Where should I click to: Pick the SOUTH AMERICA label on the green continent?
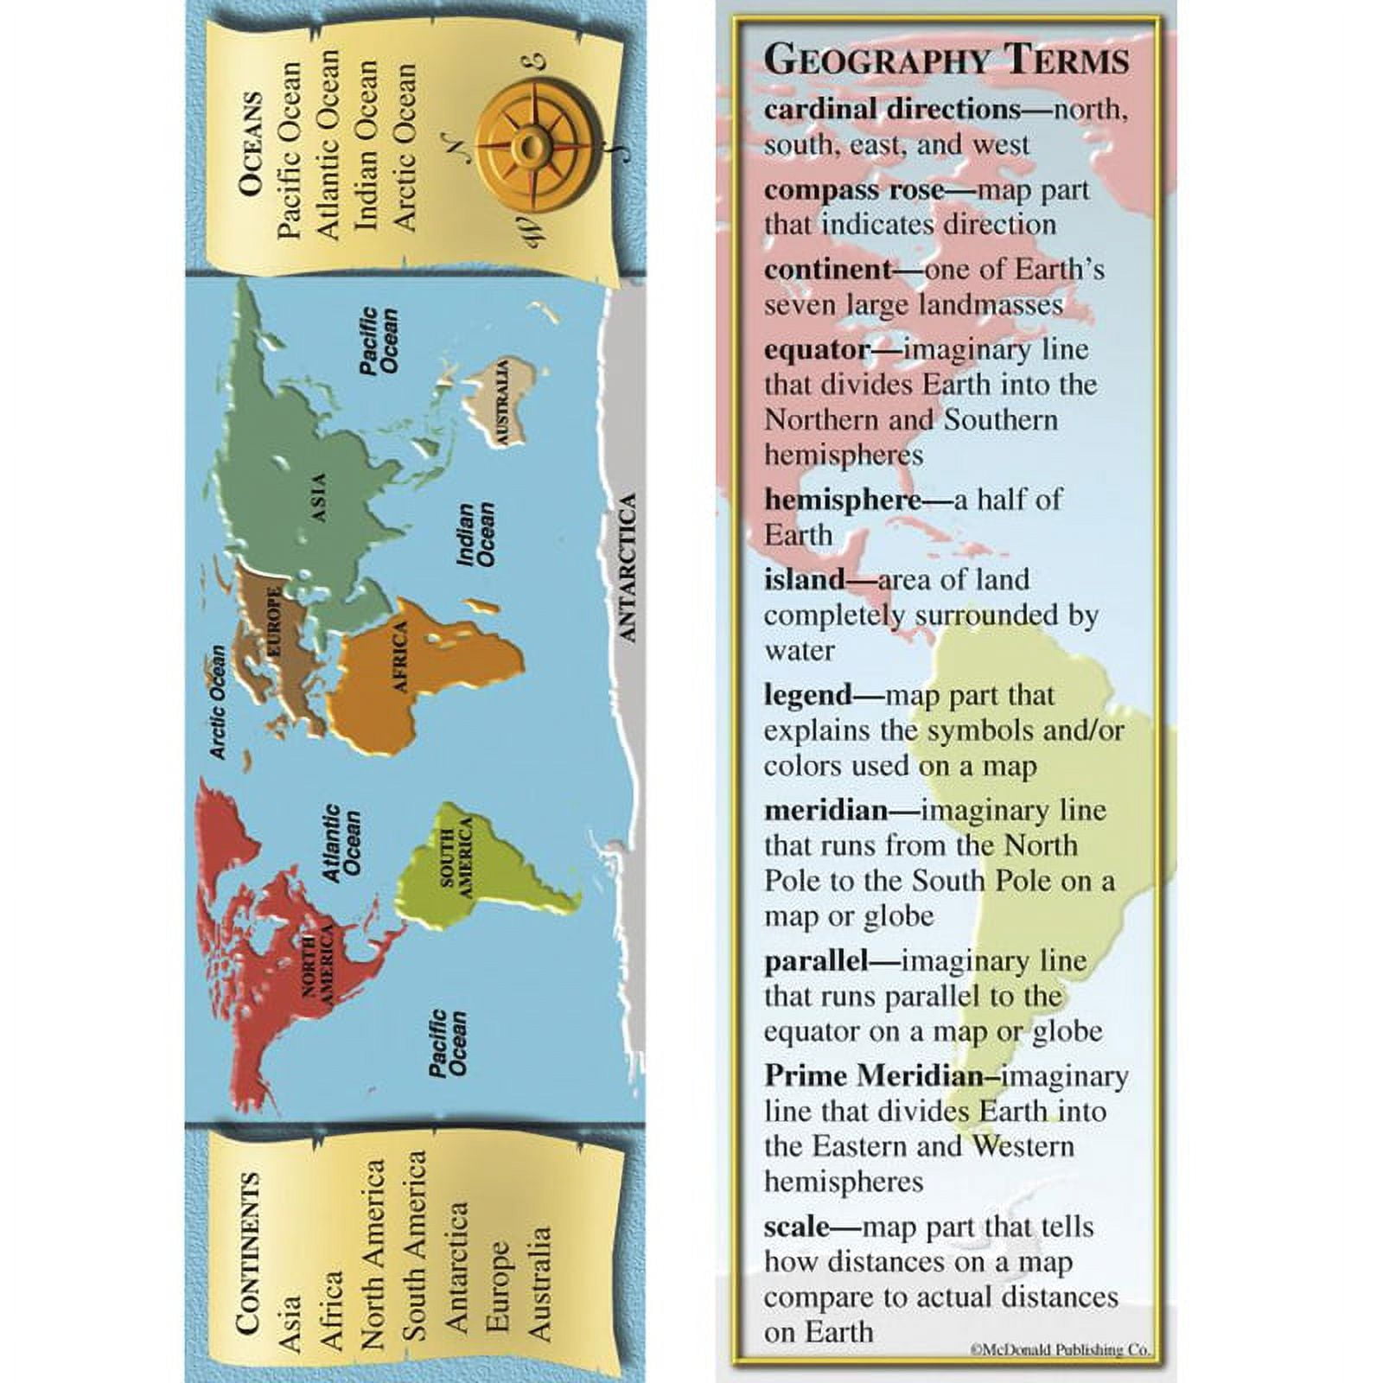(456, 857)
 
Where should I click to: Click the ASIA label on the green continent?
(319, 497)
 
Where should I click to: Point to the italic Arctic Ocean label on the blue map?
(216, 702)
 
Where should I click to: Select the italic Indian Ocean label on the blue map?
(476, 535)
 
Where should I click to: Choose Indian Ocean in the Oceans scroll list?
(367, 144)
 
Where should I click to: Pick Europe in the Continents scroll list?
(498, 1288)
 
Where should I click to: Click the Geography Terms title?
(946, 61)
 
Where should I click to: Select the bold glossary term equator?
(816, 350)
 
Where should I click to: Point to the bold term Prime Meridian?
(873, 1076)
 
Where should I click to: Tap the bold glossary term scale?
(795, 1227)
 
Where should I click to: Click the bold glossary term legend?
(807, 696)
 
